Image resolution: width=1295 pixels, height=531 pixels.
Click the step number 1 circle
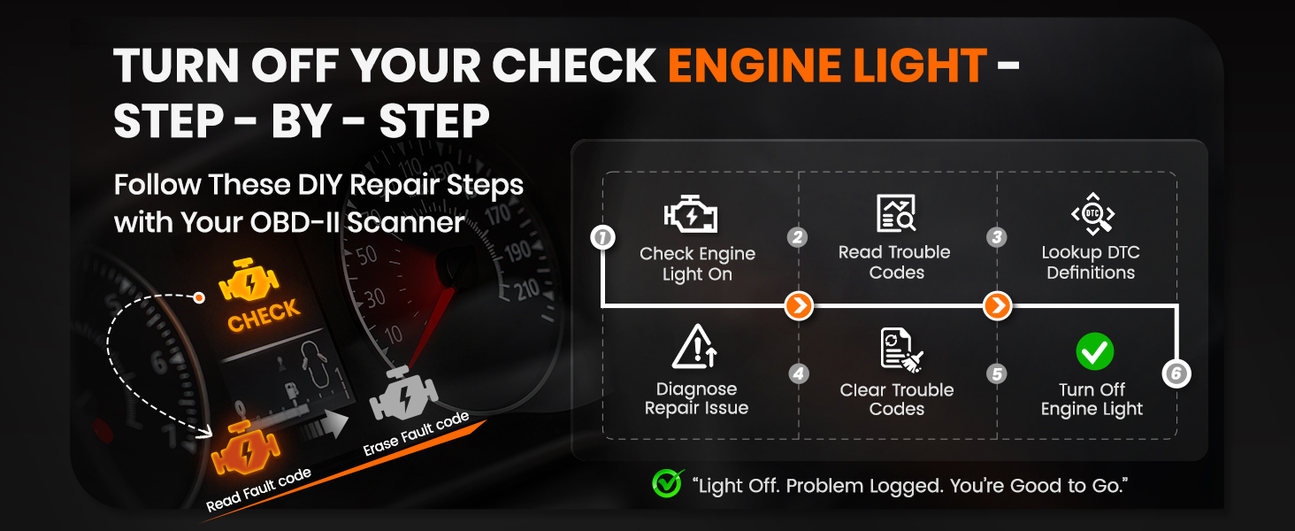[x=602, y=237]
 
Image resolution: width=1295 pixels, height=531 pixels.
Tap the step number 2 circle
[x=799, y=237]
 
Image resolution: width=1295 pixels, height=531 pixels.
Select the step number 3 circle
[x=997, y=237]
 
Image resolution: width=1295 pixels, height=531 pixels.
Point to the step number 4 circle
[x=799, y=374]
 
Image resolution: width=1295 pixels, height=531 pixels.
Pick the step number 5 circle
[x=997, y=374]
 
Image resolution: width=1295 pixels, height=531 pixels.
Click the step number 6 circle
[x=1176, y=374]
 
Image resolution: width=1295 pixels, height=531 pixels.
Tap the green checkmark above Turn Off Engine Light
[x=1094, y=352]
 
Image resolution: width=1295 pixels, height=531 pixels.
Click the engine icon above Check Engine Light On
[x=691, y=215]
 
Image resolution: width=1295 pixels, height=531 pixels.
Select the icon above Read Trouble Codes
[x=896, y=214]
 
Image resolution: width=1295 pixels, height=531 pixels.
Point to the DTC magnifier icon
[x=1092, y=214]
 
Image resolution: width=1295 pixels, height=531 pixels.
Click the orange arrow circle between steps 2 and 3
[x=997, y=306]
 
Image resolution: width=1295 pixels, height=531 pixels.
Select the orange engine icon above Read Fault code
[x=244, y=450]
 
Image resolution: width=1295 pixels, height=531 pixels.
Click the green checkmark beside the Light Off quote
[x=667, y=483]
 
